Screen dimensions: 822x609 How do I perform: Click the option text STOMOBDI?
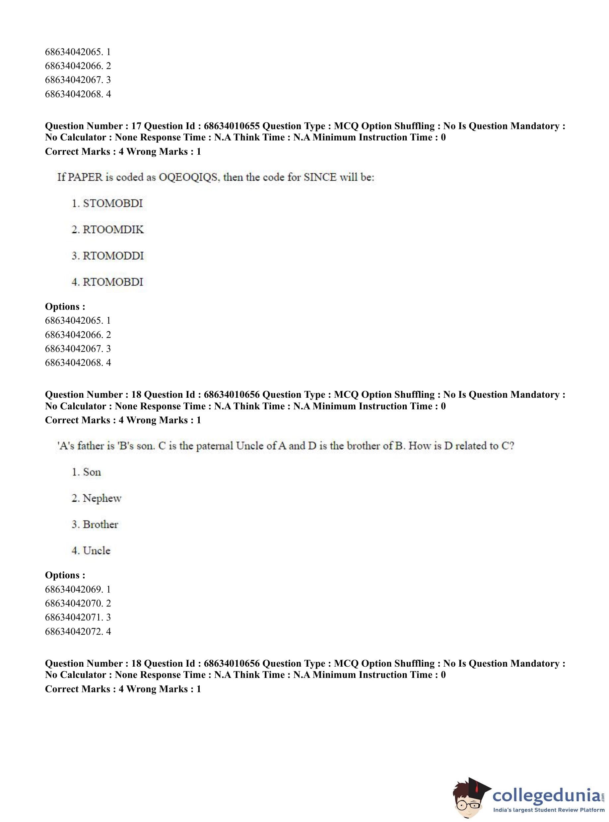point(112,203)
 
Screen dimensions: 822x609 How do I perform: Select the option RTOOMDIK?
point(113,229)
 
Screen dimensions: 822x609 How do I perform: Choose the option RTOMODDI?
point(113,256)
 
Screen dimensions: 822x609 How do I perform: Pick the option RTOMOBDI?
point(112,282)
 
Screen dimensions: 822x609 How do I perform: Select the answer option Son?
point(92,472)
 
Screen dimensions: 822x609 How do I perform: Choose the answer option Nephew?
point(102,498)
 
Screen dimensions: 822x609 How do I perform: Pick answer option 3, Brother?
point(100,524)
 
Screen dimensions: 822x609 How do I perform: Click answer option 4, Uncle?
point(97,550)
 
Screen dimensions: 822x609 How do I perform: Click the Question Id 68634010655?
point(232,126)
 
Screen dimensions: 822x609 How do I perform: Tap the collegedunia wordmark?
point(546,794)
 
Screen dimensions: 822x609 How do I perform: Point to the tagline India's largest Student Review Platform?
point(549,809)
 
